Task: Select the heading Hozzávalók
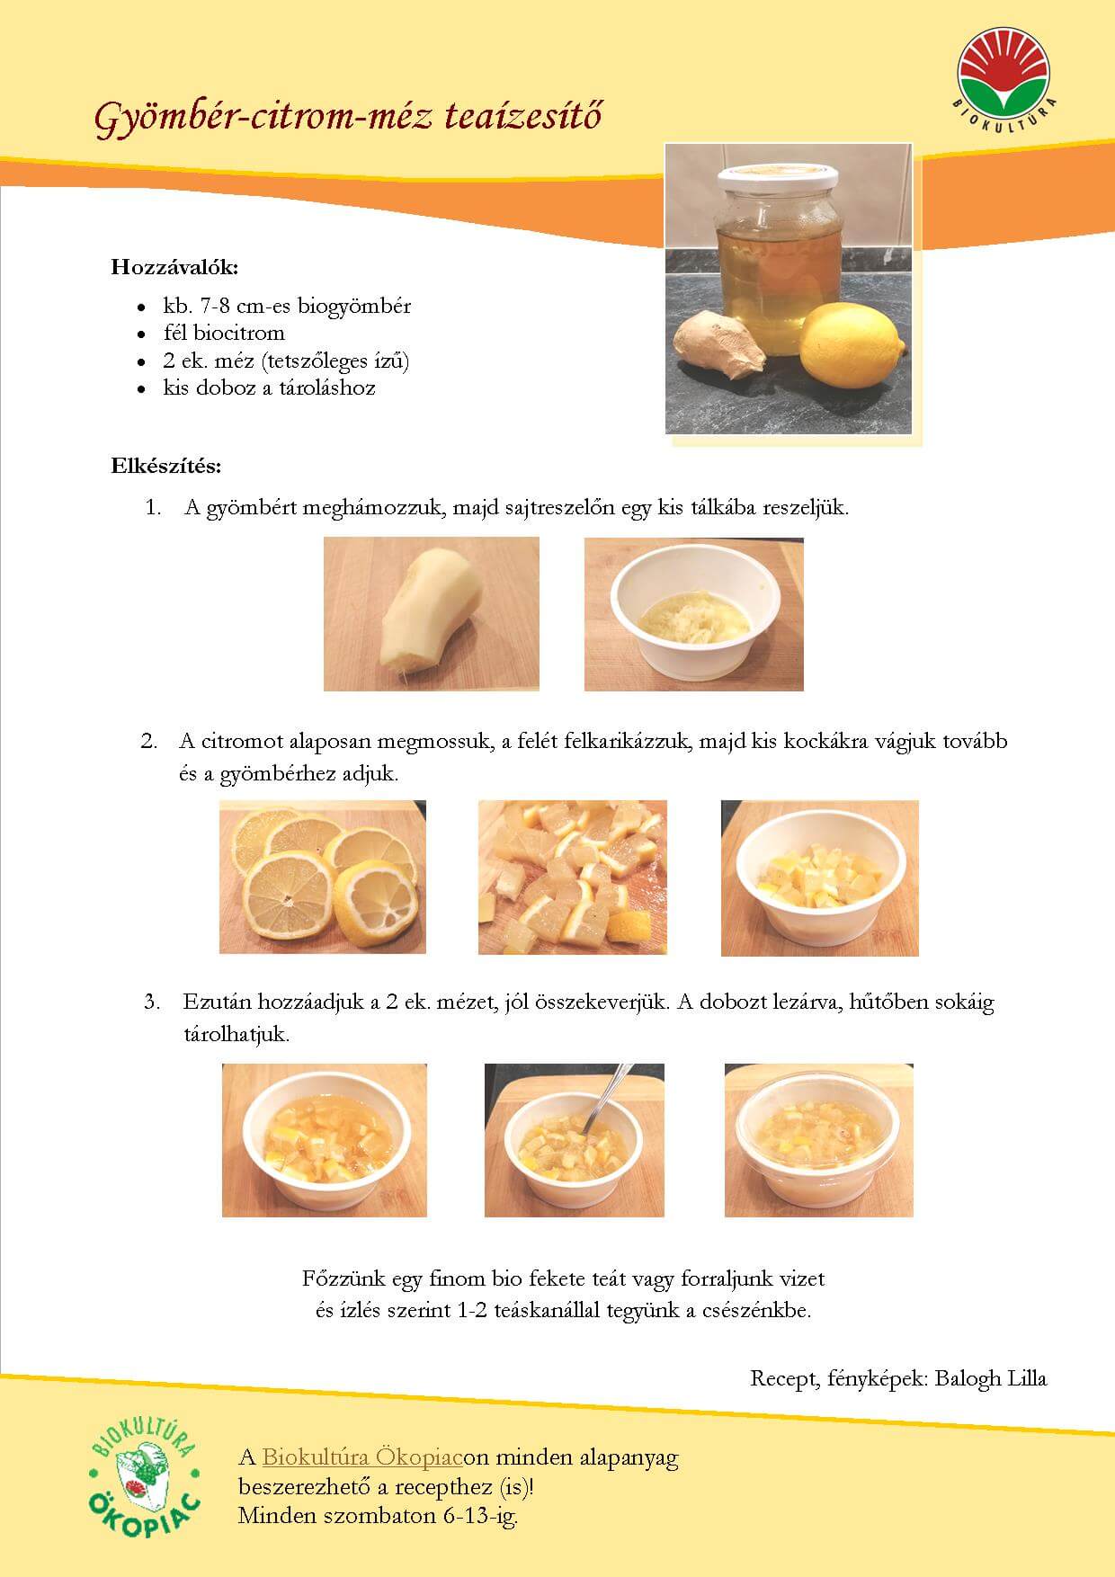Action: point(175,267)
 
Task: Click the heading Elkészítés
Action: point(166,467)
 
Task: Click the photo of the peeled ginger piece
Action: point(432,614)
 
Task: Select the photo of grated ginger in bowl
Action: point(693,614)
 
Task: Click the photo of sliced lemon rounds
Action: point(323,877)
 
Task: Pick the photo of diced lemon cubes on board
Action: point(573,877)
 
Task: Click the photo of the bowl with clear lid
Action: point(818,1140)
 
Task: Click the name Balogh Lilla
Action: point(991,1378)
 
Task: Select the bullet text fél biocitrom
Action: point(224,333)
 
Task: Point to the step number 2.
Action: point(149,742)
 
